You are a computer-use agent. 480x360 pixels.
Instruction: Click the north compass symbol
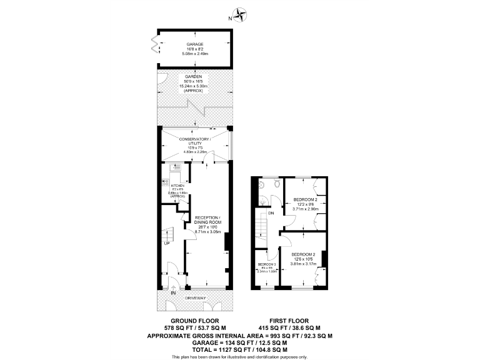point(240,13)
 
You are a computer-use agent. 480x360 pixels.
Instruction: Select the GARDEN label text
point(193,76)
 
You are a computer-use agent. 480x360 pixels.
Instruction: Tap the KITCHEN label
point(177,185)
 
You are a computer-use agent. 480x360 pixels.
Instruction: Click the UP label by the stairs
point(167,243)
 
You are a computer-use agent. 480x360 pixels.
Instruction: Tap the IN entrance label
point(173,291)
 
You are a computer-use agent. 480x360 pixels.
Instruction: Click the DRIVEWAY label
point(195,299)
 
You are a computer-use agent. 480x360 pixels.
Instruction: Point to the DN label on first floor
point(270,214)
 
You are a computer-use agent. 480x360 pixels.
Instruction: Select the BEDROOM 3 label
point(267,265)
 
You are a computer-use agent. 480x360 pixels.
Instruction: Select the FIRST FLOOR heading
point(289,321)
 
